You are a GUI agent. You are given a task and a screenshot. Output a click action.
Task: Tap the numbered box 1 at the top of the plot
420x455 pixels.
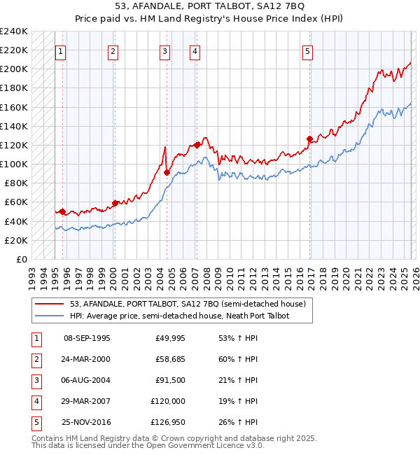(61, 50)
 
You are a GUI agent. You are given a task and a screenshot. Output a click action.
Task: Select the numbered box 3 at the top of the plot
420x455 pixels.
(164, 50)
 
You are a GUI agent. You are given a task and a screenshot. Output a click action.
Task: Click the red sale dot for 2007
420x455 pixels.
(197, 145)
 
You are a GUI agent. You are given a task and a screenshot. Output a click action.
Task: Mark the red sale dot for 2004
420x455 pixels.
(167, 172)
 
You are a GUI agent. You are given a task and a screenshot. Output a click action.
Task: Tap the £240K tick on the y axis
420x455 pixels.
(14, 31)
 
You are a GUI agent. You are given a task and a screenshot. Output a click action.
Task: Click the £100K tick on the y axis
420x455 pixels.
(14, 164)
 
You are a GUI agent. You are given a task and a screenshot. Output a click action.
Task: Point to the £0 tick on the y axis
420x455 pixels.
(22, 259)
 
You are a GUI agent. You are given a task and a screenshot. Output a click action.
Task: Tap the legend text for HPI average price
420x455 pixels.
(179, 316)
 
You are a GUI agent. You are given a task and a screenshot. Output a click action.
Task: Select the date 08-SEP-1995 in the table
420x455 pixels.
(87, 338)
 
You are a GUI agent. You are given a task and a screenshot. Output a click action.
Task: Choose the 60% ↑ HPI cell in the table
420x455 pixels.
(238, 359)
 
